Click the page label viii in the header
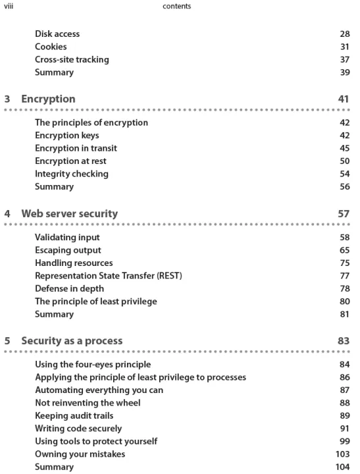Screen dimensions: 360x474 (9, 6)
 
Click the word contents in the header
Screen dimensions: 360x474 (177, 6)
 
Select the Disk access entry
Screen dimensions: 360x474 (57, 34)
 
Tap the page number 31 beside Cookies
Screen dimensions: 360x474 (345, 47)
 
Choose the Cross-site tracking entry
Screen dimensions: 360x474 (72, 59)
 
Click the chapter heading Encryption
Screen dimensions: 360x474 (48, 99)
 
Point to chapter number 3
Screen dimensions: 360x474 (7, 99)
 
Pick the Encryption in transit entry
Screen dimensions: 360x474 (76, 148)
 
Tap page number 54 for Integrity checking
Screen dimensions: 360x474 (345, 174)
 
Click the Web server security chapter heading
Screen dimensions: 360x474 (70, 214)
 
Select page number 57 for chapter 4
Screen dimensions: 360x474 (344, 214)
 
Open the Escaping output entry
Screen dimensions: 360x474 (68, 250)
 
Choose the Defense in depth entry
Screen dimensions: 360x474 (70, 289)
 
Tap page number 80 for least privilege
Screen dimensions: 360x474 (345, 302)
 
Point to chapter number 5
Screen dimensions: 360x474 (7, 341)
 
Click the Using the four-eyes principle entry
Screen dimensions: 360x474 (93, 364)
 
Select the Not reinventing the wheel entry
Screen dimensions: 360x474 (88, 403)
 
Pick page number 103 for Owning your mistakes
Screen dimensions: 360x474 (342, 454)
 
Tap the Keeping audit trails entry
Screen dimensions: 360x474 (74, 415)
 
